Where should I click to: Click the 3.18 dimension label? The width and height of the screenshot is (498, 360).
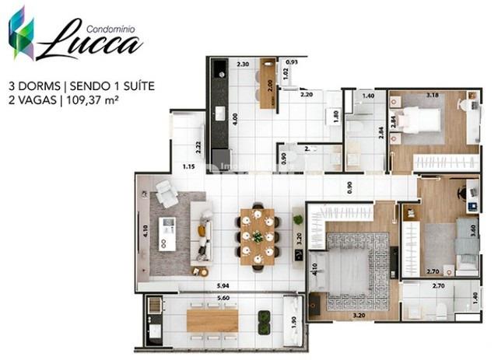(x=433, y=95)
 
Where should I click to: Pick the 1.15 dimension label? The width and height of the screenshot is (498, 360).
(x=188, y=166)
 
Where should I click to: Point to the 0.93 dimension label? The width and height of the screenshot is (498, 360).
(x=292, y=61)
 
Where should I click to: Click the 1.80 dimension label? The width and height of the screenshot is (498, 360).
(x=335, y=117)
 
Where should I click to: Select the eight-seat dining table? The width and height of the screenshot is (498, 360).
(x=258, y=236)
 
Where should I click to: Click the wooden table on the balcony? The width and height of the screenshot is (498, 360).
(x=212, y=320)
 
